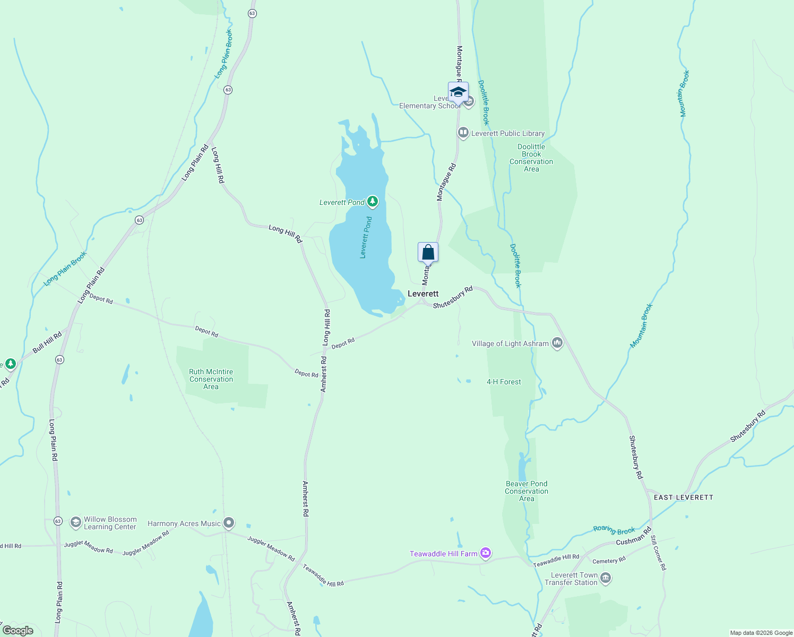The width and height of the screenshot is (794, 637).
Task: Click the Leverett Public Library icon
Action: pyautogui.click(x=463, y=133)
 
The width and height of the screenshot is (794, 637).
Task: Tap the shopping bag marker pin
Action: pyautogui.click(x=428, y=253)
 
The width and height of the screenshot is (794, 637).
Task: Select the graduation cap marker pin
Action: pyautogui.click(x=458, y=92)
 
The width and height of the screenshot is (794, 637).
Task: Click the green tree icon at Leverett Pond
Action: pyautogui.click(x=373, y=202)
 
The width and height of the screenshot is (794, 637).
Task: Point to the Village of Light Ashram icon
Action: pyautogui.click(x=557, y=343)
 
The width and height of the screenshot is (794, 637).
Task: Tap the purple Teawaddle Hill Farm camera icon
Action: pyautogui.click(x=485, y=554)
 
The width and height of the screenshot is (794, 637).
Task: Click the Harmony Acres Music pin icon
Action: pyautogui.click(x=229, y=523)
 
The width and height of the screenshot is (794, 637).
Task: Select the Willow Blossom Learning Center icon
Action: pyautogui.click(x=75, y=522)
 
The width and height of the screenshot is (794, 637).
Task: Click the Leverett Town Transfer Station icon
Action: pyautogui.click(x=606, y=578)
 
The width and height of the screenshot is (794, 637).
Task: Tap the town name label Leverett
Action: pyautogui.click(x=423, y=294)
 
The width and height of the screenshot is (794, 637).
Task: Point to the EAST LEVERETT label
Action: pyautogui.click(x=684, y=497)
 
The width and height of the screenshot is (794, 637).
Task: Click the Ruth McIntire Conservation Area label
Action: pyautogui.click(x=211, y=379)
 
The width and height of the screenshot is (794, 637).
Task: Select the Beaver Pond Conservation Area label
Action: pyautogui.click(x=527, y=491)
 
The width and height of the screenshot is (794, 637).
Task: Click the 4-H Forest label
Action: pyautogui.click(x=504, y=382)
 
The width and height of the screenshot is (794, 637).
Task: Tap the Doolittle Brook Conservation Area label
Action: pyautogui.click(x=531, y=158)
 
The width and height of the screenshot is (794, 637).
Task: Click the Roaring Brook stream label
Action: pyautogui.click(x=614, y=530)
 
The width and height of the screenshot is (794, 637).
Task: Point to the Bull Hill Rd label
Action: pyautogui.click(x=47, y=342)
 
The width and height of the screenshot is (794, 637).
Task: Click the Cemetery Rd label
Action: pyautogui.click(x=609, y=561)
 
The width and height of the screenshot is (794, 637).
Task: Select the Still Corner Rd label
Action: pyautogui.click(x=658, y=553)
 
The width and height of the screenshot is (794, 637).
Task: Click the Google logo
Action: pyautogui.click(x=18, y=631)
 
